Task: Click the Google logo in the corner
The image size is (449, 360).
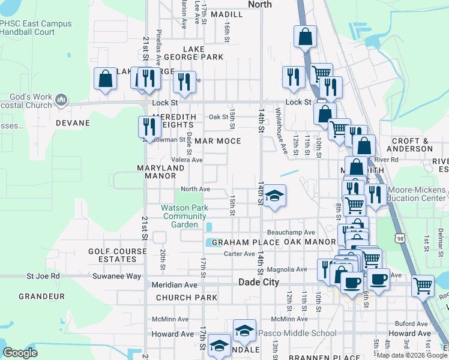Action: [x=20, y=353]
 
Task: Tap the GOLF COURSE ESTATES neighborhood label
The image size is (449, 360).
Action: [x=112, y=256]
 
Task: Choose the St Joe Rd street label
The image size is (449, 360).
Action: [x=43, y=276]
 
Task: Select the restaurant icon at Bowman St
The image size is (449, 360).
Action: [x=148, y=126]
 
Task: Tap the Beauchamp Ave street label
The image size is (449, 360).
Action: [x=291, y=232]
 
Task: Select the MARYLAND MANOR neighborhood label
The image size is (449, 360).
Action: [x=160, y=172]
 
